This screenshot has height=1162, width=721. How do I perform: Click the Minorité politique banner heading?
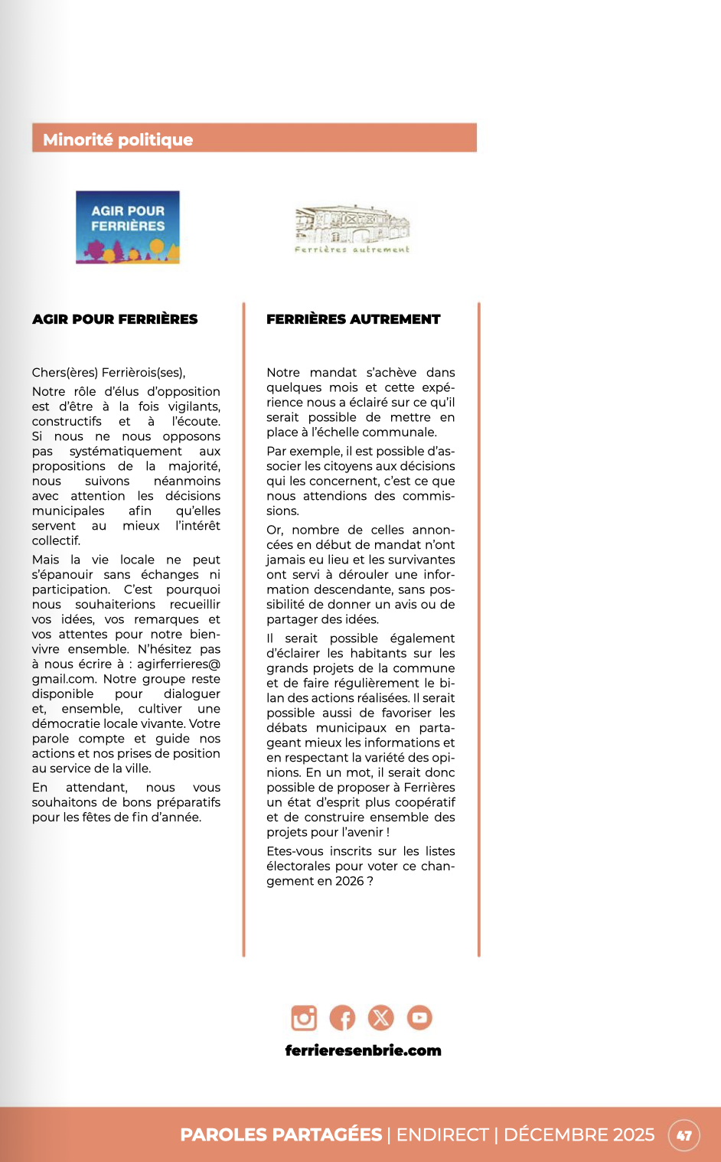[x=118, y=139]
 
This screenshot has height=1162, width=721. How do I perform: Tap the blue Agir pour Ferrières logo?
[x=128, y=227]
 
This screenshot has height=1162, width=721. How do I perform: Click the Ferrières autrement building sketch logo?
[x=352, y=228]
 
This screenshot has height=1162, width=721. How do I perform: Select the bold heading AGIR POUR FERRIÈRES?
[x=115, y=319]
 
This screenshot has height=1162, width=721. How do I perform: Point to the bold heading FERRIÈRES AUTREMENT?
[x=353, y=319]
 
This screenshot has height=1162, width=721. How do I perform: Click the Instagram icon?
[x=304, y=1017]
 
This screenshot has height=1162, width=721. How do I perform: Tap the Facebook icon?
[x=342, y=1017]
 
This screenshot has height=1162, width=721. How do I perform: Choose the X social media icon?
[x=380, y=1017]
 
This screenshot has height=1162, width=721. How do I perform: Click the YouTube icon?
[x=419, y=1017]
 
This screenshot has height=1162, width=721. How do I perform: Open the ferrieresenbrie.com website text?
[x=363, y=1050]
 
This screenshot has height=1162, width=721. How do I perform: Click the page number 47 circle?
[x=683, y=1135]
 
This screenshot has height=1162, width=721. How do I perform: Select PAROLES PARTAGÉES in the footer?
[x=281, y=1134]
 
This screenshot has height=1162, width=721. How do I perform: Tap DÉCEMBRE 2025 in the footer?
[x=579, y=1134]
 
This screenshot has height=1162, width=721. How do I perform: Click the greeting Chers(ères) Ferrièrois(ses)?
[x=109, y=373]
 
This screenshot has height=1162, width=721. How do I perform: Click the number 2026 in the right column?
[x=349, y=881]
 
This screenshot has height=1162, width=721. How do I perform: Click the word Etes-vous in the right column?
[x=295, y=851]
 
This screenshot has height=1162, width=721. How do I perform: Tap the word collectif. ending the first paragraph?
[x=56, y=540]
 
